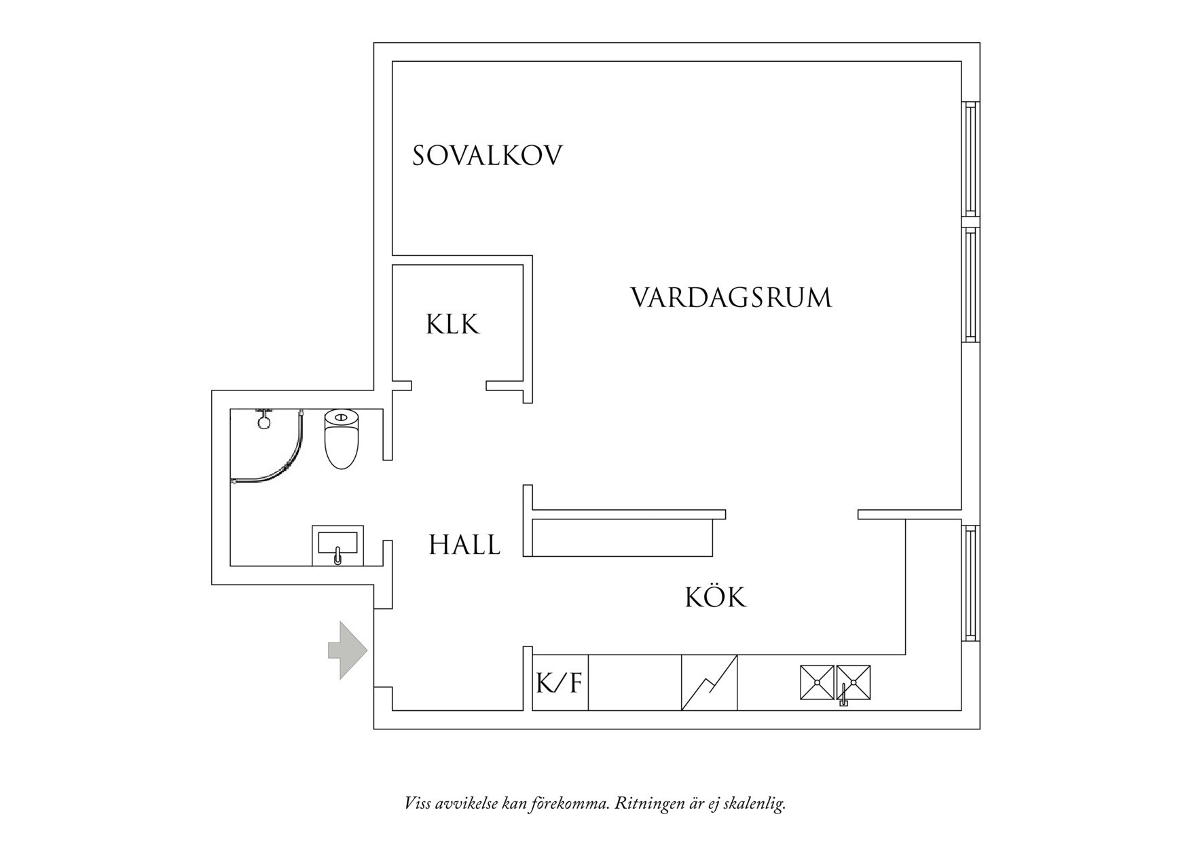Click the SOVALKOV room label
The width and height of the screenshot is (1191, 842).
pos(488,155)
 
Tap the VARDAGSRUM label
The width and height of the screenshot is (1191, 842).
pos(731,298)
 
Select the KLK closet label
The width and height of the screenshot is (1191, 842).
pos(453,324)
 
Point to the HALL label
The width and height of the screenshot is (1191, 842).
pos(464,545)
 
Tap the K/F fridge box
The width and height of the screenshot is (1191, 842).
pos(560,682)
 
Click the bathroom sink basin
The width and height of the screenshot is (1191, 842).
pos(337,545)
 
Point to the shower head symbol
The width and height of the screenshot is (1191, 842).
pos(263,419)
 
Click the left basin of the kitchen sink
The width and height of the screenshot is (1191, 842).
pos(817,682)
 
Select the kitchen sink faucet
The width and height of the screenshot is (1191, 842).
pos(843,695)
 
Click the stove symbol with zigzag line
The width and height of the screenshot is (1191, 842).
pos(710,682)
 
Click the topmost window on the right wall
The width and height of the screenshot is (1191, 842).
pos(971,159)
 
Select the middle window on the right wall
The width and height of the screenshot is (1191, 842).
pos(971,285)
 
